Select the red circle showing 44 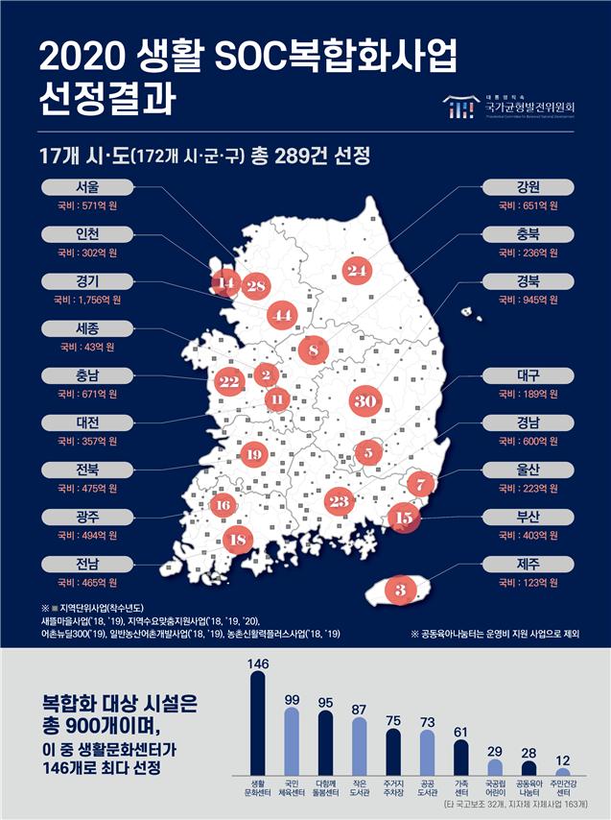tap(282, 315)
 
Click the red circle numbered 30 tap(364, 401)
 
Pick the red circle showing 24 tap(358, 272)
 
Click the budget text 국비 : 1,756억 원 tap(92, 300)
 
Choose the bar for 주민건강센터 tap(564, 771)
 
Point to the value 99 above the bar tap(292, 699)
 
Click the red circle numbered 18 tap(239, 540)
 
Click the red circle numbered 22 tap(228, 381)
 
